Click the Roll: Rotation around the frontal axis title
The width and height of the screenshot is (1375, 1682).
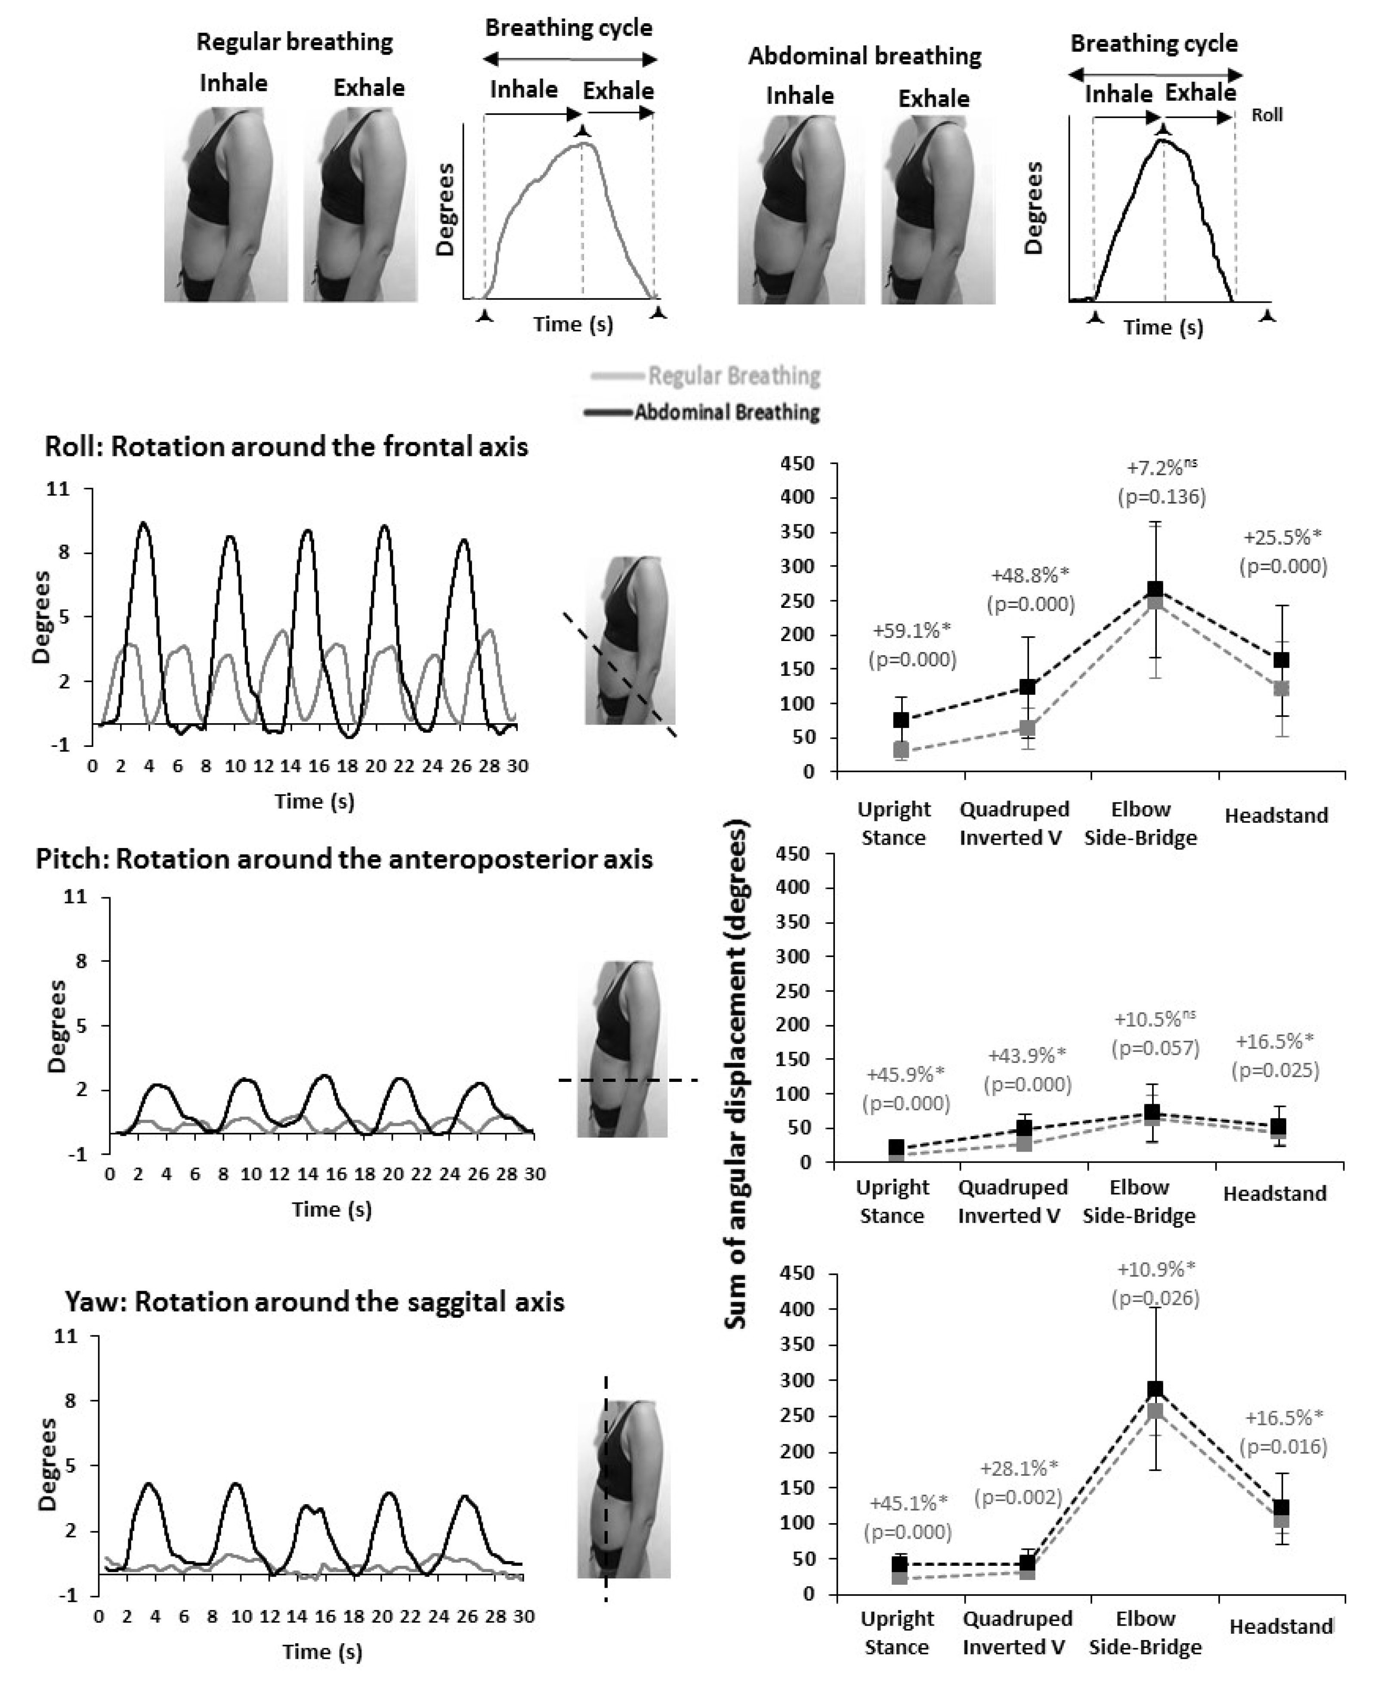[286, 447]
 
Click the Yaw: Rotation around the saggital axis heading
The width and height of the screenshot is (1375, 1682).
[315, 1302]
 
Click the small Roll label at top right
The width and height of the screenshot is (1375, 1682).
[1267, 115]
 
